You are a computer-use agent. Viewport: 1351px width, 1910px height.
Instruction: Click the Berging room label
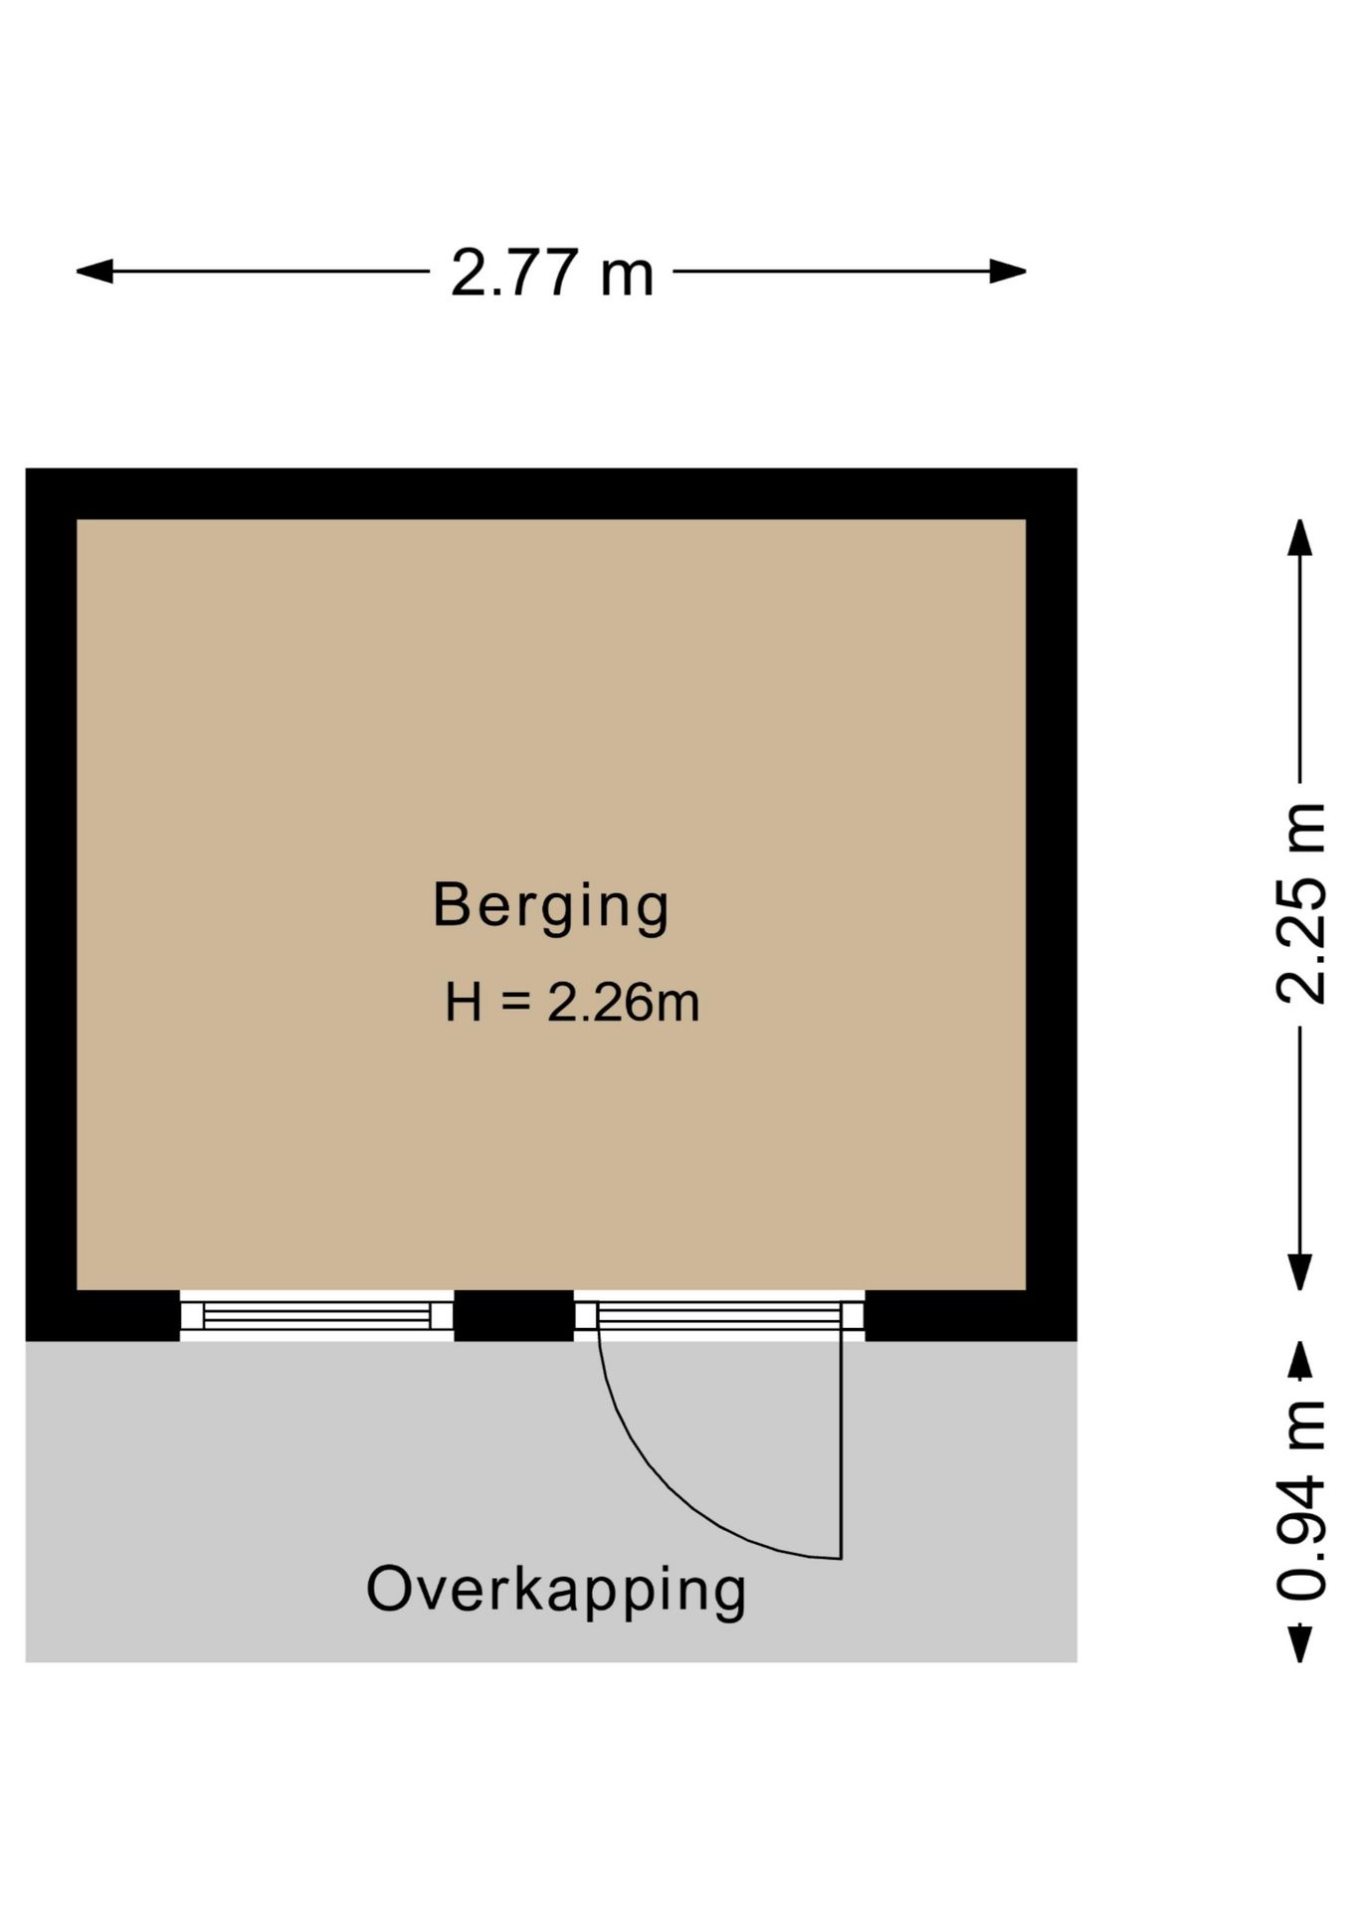[x=551, y=907]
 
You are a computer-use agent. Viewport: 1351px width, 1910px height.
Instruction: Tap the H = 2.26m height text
[x=572, y=1002]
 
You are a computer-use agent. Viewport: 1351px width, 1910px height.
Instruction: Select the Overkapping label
[x=556, y=1590]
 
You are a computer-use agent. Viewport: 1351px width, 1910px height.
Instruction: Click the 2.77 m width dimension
[x=552, y=272]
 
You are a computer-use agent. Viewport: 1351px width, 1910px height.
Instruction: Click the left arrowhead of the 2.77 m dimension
[x=96, y=271]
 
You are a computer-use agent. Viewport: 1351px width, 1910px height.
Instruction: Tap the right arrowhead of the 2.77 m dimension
[x=1007, y=271]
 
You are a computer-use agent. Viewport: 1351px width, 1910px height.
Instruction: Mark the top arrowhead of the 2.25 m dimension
[x=1300, y=537]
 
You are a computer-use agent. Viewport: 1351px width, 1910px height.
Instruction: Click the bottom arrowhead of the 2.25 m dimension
[x=1300, y=1271]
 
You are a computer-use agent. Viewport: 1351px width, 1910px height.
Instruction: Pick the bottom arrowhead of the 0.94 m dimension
[x=1300, y=1643]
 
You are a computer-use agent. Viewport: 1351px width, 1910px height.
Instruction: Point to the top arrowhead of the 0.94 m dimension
[x=1300, y=1359]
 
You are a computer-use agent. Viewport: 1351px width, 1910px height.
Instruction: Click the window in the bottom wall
[x=316, y=1316]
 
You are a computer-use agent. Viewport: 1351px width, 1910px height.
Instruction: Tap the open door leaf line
[x=842, y=1444]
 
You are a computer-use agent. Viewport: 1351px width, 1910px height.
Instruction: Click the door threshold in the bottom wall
[x=719, y=1316]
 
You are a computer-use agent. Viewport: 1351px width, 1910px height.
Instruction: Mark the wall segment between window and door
[x=514, y=1316]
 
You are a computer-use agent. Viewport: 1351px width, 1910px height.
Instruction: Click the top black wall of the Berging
[x=551, y=493]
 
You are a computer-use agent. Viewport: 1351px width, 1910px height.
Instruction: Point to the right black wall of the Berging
[x=1052, y=904]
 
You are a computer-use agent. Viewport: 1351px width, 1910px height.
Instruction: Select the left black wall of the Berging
[x=52, y=904]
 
